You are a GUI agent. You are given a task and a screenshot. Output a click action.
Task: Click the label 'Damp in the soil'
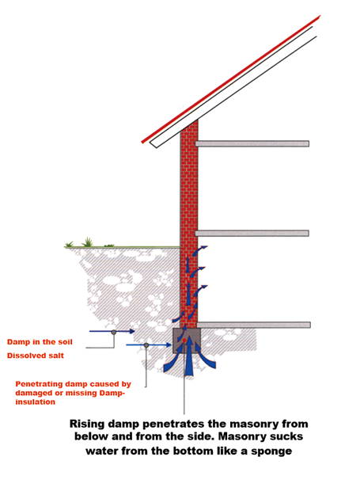[x=40, y=341]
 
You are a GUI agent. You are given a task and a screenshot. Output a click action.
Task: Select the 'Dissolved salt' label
[x=36, y=356]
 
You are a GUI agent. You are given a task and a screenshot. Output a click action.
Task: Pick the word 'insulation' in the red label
[x=35, y=402]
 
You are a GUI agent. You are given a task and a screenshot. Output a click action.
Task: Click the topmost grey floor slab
[x=252, y=143]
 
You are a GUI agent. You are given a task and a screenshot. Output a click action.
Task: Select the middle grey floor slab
[x=252, y=234]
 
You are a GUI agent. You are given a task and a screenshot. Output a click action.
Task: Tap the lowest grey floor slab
[x=254, y=325]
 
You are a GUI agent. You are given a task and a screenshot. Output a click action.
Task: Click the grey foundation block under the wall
[x=187, y=341]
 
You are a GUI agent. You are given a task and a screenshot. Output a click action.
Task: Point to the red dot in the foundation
[x=184, y=340]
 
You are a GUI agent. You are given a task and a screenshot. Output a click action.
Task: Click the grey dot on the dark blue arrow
[x=114, y=332]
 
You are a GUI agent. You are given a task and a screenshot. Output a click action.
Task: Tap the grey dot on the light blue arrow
[x=146, y=345]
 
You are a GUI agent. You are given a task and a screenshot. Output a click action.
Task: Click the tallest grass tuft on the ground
[x=88, y=242]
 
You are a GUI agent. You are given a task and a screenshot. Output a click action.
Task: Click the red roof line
[x=231, y=79]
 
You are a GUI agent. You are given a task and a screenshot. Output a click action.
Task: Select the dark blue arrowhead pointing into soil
[x=131, y=331]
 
